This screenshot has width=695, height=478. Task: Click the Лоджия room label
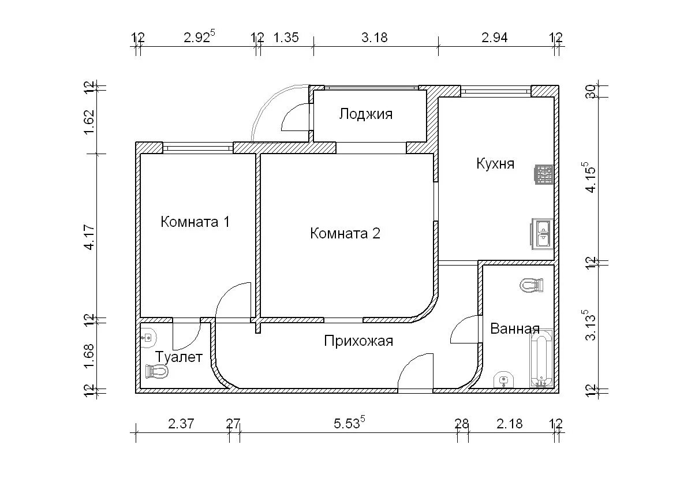pyautogui.click(x=366, y=114)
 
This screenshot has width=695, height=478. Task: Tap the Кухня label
pyautogui.click(x=495, y=164)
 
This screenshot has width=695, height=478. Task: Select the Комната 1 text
pyautogui.click(x=195, y=222)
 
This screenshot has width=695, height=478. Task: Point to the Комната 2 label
pyautogui.click(x=345, y=233)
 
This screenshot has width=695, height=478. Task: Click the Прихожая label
pyautogui.click(x=358, y=341)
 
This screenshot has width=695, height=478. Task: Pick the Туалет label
pyautogui.click(x=179, y=357)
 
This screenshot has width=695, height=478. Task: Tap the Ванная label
pyautogui.click(x=515, y=328)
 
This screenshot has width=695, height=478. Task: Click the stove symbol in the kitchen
pyautogui.click(x=544, y=174)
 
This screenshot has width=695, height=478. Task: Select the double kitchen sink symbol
pyautogui.click(x=541, y=234)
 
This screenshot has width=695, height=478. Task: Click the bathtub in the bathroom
pyautogui.click(x=541, y=358)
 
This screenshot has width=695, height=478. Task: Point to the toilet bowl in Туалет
pyautogui.click(x=156, y=372)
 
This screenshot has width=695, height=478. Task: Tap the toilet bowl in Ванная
pyautogui.click(x=532, y=285)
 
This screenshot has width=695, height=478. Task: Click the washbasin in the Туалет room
pyautogui.click(x=148, y=337)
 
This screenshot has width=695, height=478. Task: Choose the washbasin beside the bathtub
pyautogui.click(x=503, y=380)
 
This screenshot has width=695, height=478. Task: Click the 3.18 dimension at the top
pyautogui.click(x=375, y=38)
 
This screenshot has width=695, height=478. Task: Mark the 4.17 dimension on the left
pyautogui.click(x=89, y=237)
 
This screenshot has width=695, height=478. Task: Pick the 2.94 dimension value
pyautogui.click(x=495, y=38)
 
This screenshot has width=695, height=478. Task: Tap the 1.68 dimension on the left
pyautogui.click(x=89, y=356)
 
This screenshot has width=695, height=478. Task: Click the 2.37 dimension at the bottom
pyautogui.click(x=181, y=424)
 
